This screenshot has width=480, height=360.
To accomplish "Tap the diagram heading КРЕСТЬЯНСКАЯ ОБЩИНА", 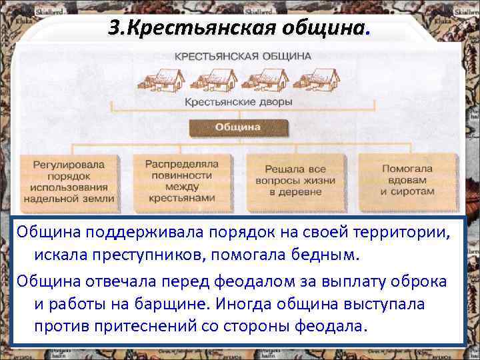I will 243,56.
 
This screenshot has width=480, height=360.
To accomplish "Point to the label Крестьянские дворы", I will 238,103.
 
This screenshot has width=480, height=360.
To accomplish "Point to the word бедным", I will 326,256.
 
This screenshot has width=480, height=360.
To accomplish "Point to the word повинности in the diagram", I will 181,175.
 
